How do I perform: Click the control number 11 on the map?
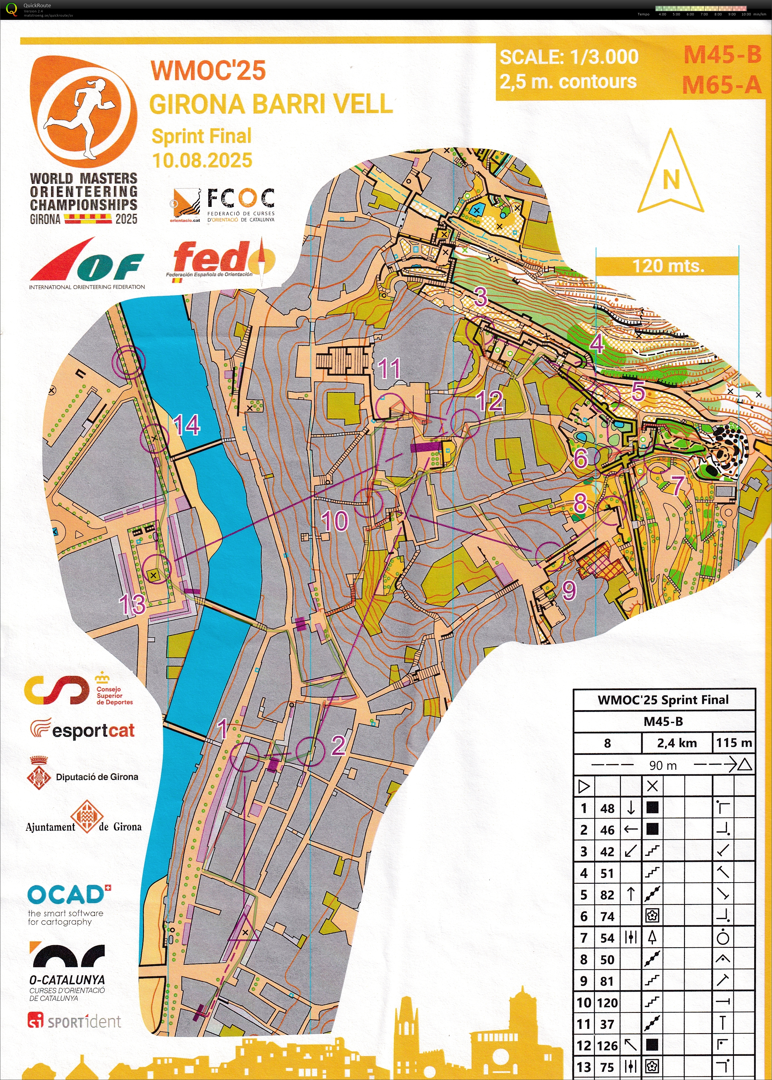pos(389,369)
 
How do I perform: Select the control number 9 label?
pos(569,590)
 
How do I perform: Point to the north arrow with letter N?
pos(670,174)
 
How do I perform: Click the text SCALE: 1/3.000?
pos(569,57)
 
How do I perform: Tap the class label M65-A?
pos(721,85)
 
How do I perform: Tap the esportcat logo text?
pos(93,730)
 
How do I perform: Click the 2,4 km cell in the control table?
pos(676,743)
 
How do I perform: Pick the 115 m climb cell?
pos(734,743)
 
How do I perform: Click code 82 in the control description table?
pos(607,895)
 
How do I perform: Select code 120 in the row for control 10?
pos(607,1003)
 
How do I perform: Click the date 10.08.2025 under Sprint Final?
pos(202,160)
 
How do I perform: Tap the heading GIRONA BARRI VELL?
pos(271,104)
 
